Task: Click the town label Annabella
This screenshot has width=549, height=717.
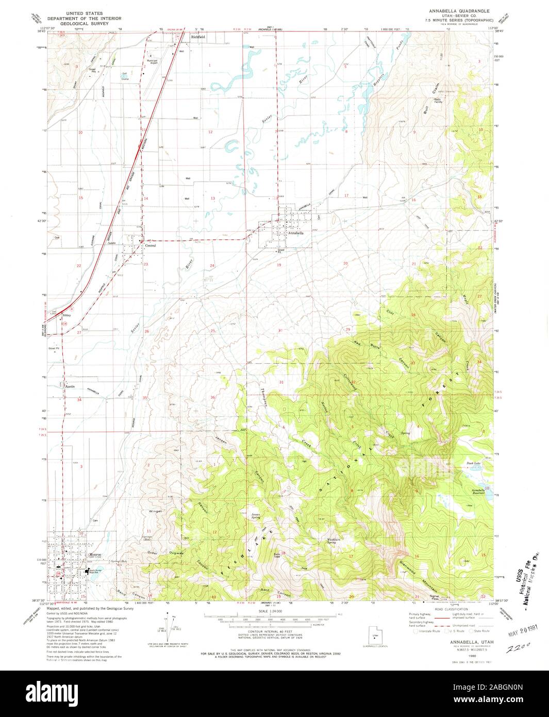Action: click(x=296, y=233)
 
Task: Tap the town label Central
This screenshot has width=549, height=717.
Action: click(x=151, y=246)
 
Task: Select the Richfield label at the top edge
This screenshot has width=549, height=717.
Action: click(x=198, y=38)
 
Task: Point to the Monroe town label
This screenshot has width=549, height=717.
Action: click(x=94, y=555)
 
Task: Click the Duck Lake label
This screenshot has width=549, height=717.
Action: click(x=473, y=463)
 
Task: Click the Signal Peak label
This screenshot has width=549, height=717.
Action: click(x=423, y=597)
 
